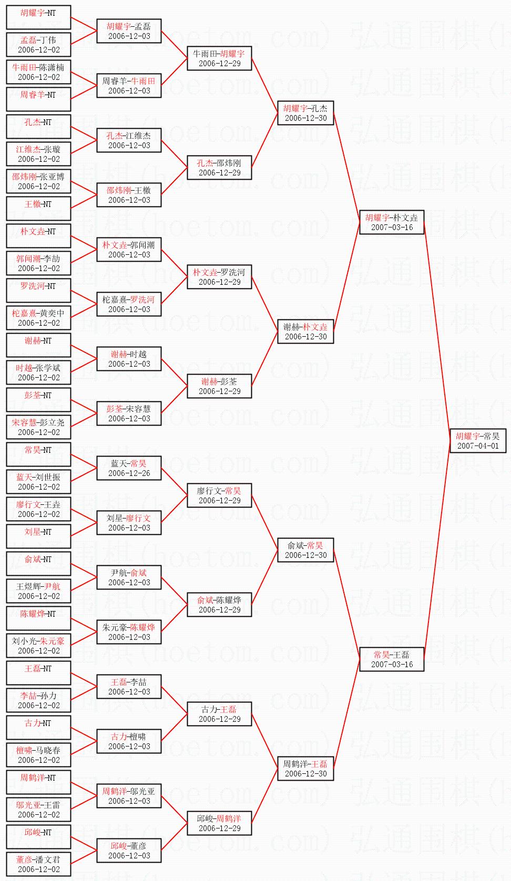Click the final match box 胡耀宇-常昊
[478, 441]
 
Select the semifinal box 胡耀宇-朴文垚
[392, 222]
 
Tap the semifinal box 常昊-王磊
[392, 659]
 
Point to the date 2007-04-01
[478, 446]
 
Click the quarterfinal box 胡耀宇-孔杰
[305, 113]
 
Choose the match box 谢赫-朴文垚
[305, 331]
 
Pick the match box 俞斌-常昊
[305, 550]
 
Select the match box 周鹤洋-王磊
[305, 769]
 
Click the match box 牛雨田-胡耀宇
[219, 58]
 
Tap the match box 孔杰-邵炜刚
[219, 168]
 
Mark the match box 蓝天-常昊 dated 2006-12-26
[129, 468]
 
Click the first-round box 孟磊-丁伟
[38, 45]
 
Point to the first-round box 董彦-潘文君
[38, 864]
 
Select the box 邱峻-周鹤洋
[219, 823]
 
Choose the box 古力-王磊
[219, 714]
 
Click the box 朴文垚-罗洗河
[219, 277]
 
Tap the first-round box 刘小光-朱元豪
[38, 646]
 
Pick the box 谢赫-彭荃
[219, 386]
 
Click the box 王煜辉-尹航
[38, 590]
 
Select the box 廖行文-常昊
[219, 495]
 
